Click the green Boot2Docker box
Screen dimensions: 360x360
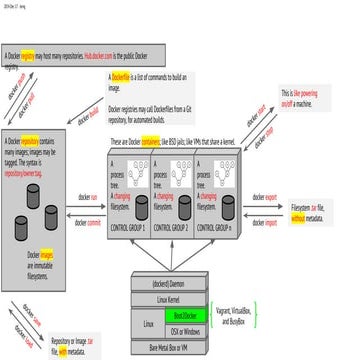(186, 315)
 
